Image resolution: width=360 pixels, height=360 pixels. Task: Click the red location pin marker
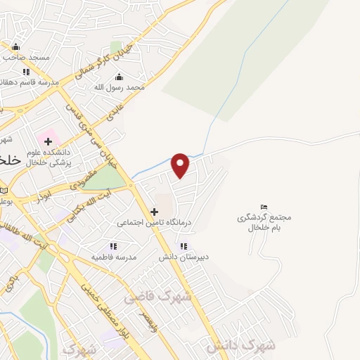181,165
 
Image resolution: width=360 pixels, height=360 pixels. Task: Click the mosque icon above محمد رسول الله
118,77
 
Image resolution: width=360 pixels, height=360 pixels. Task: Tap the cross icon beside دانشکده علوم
48,143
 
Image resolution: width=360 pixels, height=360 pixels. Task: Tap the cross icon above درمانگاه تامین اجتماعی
154,211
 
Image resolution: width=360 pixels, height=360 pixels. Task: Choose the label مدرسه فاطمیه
113,257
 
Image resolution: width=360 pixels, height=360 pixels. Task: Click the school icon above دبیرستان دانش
184,246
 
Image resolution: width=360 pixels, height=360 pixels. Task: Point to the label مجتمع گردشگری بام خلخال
264,222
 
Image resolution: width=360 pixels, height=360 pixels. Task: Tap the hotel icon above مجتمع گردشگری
264,207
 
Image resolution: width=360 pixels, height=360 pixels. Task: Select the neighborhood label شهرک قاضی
158,297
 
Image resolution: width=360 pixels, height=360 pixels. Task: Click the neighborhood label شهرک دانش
240,345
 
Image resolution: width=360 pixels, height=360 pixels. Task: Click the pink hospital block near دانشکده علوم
49,134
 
